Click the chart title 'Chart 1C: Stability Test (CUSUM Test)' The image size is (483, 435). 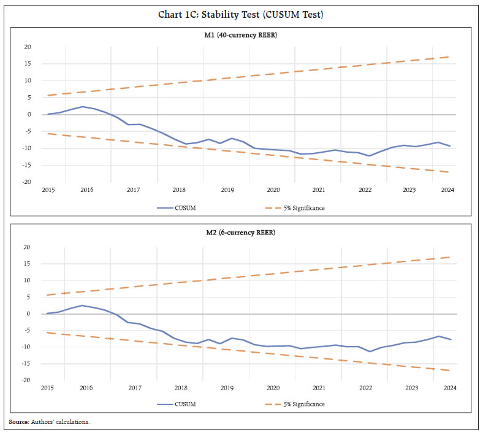tap(241, 15)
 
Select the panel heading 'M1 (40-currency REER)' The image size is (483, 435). tap(241, 35)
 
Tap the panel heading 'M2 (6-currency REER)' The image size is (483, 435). tap(241, 234)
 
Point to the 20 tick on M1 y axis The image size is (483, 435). tap(27, 47)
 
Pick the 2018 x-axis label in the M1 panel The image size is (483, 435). tap(180, 190)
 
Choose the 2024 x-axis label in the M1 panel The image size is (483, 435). tap(448, 190)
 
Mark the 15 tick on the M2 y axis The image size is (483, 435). tap(27, 264)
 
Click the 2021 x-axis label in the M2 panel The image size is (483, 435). tap(319, 388)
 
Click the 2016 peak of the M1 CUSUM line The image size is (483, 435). tap(83, 107)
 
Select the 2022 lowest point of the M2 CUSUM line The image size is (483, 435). tap(369, 352)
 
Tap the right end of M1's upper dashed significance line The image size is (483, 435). tap(450, 57)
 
